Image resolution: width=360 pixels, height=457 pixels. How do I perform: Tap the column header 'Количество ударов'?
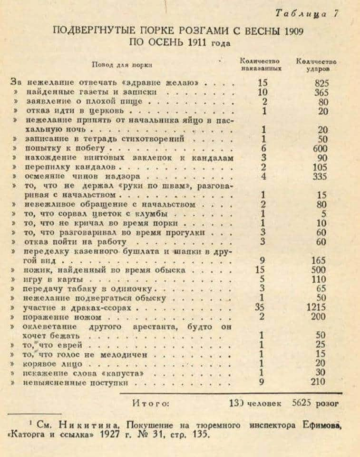[x=316, y=64]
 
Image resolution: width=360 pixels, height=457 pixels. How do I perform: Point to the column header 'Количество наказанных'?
[x=261, y=64]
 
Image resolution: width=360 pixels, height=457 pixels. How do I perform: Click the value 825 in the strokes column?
[x=321, y=82]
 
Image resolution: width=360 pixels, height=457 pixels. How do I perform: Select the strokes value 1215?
[x=317, y=308]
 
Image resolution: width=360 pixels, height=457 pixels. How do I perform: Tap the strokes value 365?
[x=321, y=92]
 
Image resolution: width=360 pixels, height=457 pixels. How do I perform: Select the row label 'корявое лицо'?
[x=54, y=364]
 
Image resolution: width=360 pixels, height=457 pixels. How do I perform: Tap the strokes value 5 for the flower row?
[x=324, y=214]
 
